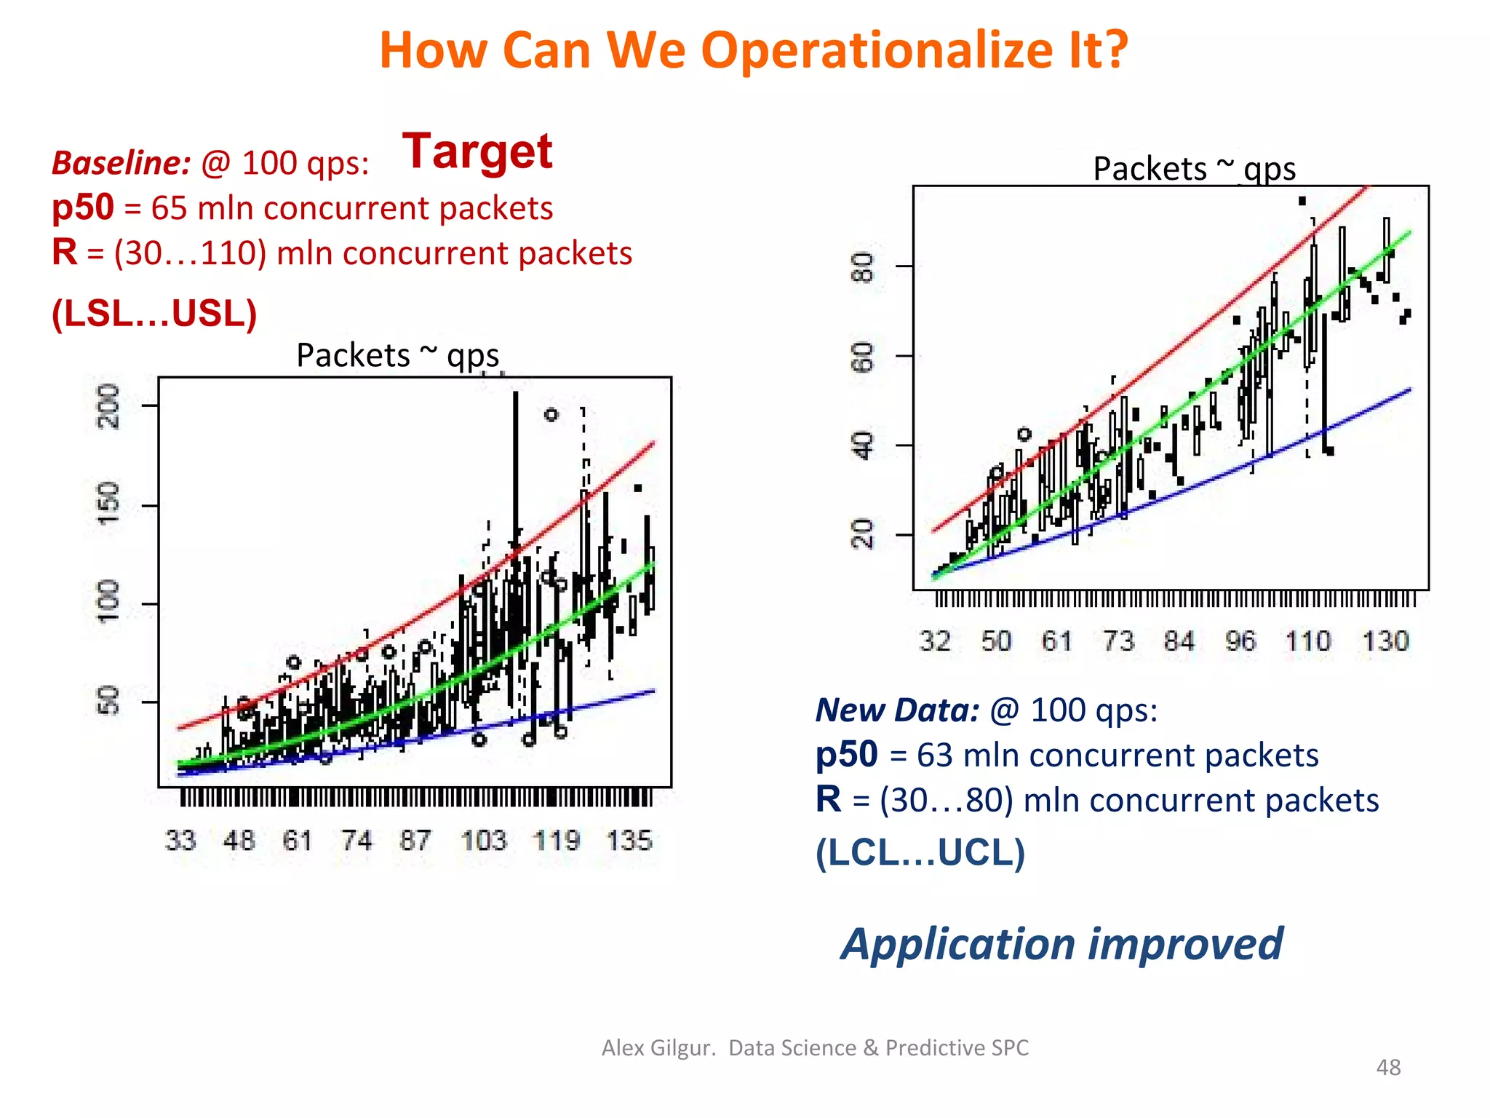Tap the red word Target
point(477,151)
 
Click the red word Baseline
point(121,163)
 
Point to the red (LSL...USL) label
point(154,314)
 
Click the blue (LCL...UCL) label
point(920,852)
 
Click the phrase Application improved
point(1061,944)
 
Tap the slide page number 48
point(1388,1067)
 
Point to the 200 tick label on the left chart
point(109,406)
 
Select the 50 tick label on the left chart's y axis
point(109,701)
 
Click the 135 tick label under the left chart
point(629,841)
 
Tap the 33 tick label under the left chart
point(180,841)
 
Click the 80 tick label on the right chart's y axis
point(864,267)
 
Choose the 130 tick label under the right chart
point(1385,641)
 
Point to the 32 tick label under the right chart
point(935,641)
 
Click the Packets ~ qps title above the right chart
point(1194,169)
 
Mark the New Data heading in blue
point(897,710)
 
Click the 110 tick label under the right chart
point(1308,641)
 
